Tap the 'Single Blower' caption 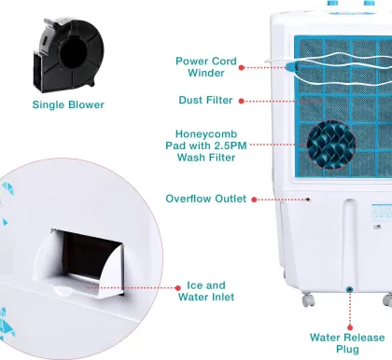coord(69,104)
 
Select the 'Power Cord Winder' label coord(205,67)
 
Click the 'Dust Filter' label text coord(205,100)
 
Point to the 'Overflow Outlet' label coord(205,199)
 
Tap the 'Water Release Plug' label coord(347,343)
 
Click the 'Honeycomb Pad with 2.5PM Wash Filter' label coord(205,145)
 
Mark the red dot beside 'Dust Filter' coord(242,100)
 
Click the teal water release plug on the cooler coord(349,291)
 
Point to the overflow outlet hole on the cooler coord(310,199)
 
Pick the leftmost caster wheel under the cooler coord(307,300)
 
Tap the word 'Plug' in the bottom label coord(347,350)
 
